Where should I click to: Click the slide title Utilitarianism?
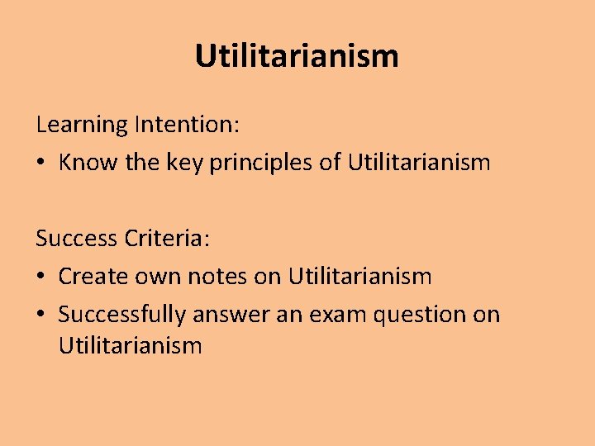(x=297, y=56)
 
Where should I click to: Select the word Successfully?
(x=122, y=315)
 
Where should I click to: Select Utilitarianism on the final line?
(x=130, y=344)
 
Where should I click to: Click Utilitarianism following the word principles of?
(x=419, y=162)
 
